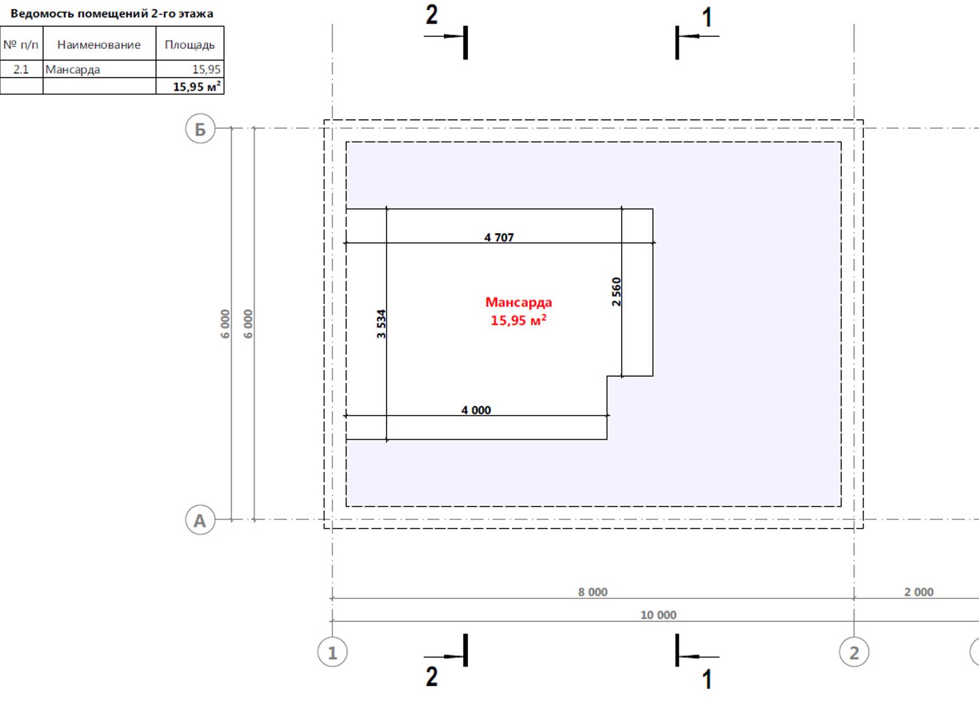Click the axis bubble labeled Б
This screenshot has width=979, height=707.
tap(200, 129)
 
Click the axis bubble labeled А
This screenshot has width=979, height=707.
tap(200, 520)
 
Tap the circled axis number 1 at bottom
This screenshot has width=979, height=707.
tap(332, 652)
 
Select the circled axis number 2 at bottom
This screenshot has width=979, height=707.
tap(854, 652)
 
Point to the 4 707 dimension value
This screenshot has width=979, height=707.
tap(499, 237)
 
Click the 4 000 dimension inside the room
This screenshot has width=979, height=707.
tap(476, 410)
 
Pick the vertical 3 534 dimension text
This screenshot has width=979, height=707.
tap(381, 324)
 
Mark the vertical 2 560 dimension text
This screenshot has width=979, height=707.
tap(616, 292)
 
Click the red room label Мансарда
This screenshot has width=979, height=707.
tap(518, 302)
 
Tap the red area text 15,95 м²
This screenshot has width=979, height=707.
tap(518, 320)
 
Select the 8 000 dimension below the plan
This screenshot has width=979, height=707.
tap(592, 592)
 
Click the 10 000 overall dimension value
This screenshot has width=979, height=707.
tap(658, 615)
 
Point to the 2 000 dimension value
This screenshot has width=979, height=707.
tap(919, 592)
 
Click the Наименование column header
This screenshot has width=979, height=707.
tap(99, 45)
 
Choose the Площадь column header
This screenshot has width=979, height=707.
tap(190, 45)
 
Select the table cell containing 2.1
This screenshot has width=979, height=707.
tap(21, 69)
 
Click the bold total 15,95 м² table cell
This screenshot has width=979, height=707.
tap(190, 86)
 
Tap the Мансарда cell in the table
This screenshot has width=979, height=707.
tap(100, 69)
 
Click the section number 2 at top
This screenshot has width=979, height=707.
tap(431, 14)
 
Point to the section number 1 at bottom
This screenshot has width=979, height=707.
tap(707, 679)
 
